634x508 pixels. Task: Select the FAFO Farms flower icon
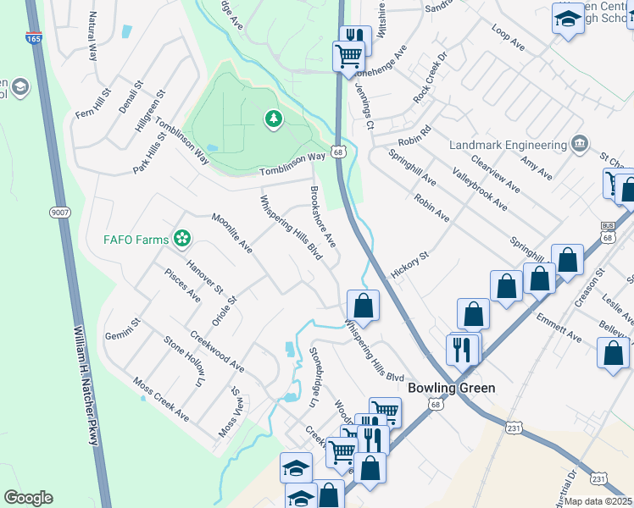coord(181,239)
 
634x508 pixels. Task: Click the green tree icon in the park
coord(273,120)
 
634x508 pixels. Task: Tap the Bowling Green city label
coord(451,388)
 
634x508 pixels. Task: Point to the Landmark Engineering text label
coord(507,145)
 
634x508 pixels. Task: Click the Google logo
coord(28,498)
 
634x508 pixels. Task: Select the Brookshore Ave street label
coord(324,218)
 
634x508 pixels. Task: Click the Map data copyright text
coord(598,501)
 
